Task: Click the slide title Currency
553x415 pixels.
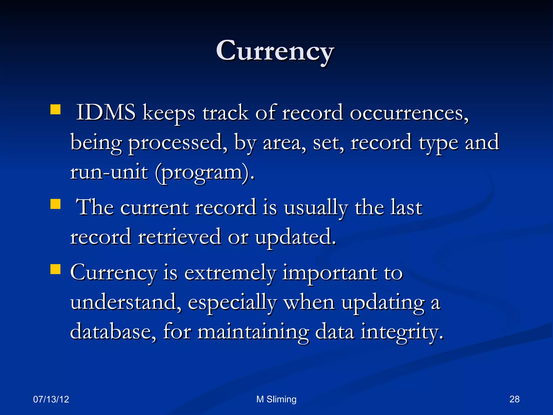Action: (x=275, y=51)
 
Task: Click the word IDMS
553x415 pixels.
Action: (x=106, y=112)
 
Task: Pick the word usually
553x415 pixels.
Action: (x=316, y=208)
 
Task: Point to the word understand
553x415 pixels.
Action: (x=126, y=302)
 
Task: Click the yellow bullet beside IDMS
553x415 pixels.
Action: (x=55, y=110)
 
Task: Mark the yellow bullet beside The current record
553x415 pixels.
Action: (x=55, y=204)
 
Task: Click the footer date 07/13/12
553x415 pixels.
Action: (x=51, y=399)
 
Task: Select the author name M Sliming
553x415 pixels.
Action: (x=276, y=399)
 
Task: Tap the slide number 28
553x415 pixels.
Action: (x=514, y=399)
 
